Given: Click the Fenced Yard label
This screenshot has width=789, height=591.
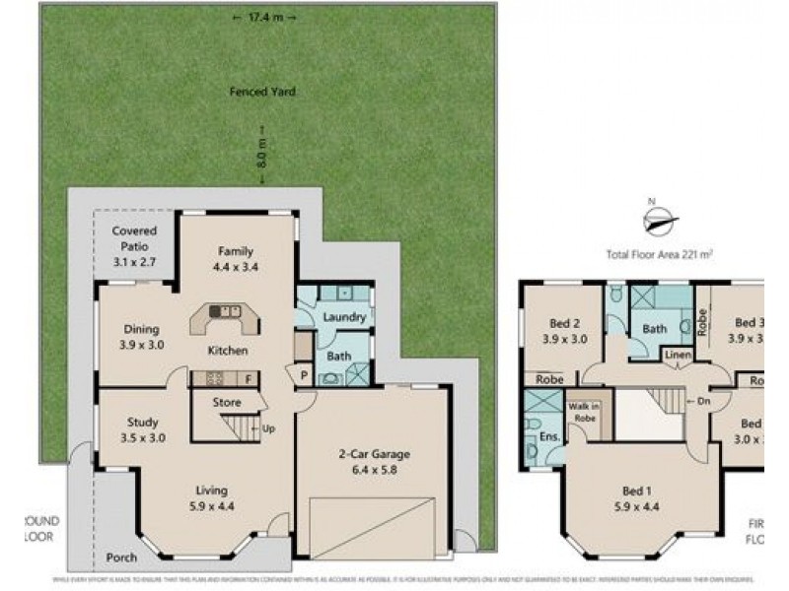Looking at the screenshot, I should tap(262, 92).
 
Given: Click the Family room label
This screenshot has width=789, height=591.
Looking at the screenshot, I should tap(236, 258).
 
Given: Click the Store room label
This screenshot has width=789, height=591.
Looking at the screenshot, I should tap(227, 402).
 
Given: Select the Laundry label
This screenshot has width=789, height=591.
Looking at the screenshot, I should tap(344, 317).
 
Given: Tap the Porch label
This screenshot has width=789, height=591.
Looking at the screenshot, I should tap(120, 558).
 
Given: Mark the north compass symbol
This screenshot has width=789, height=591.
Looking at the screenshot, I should tap(661, 219).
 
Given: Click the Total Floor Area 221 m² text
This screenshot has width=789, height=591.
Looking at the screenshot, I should tap(660, 253).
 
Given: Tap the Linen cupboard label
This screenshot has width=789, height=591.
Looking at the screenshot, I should tap(676, 355).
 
